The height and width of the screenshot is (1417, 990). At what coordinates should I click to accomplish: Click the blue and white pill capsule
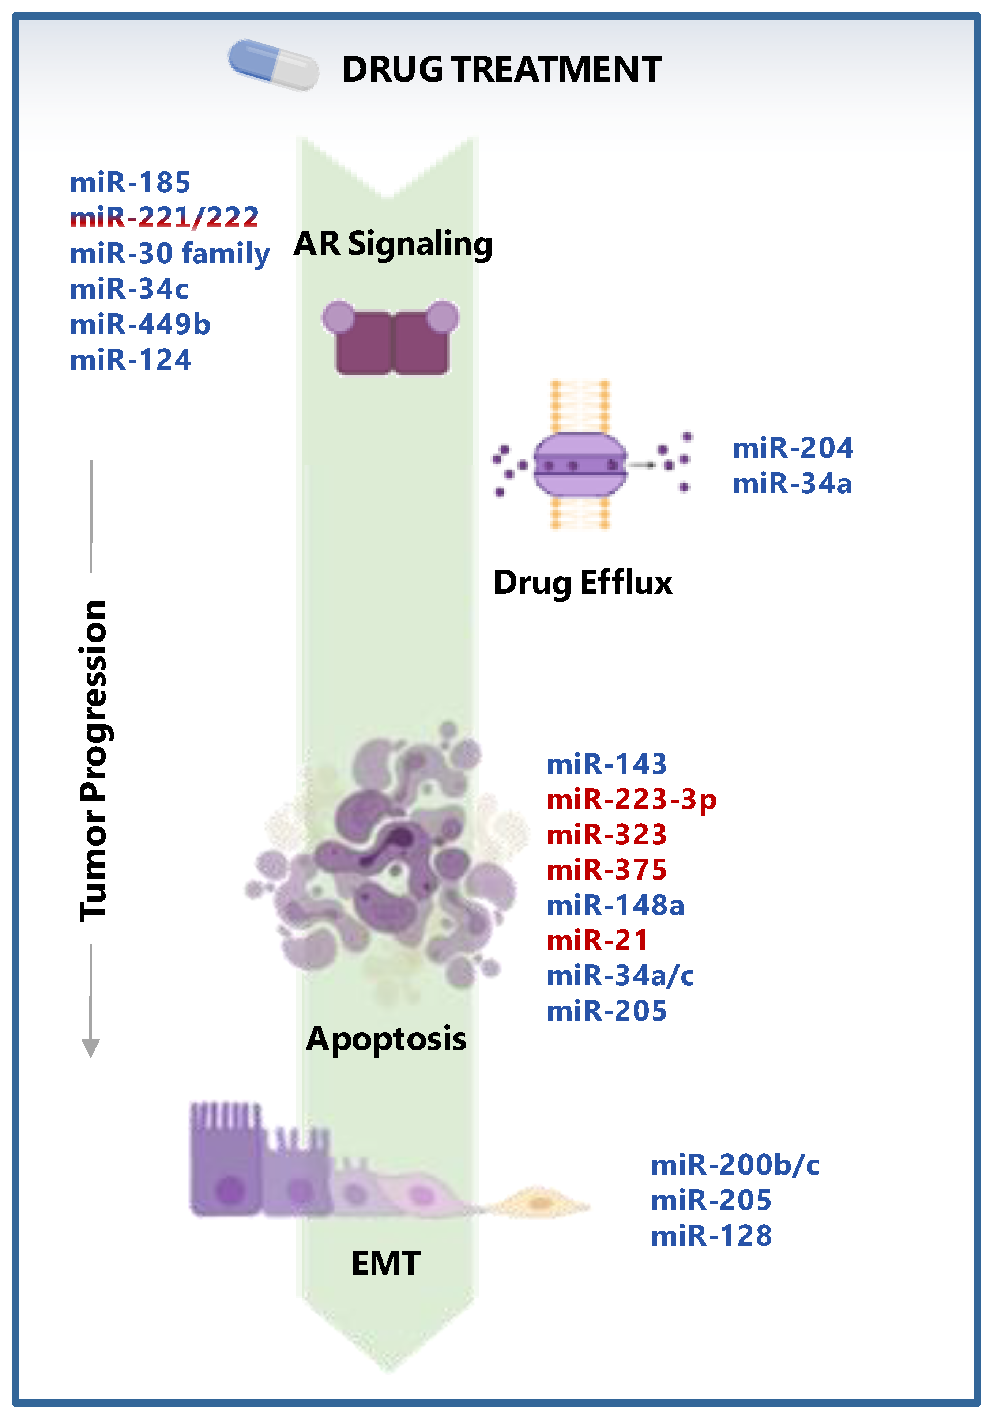tap(274, 65)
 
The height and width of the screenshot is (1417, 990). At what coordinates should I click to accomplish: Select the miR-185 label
tap(130, 183)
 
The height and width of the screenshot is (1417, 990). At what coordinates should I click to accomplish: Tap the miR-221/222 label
tap(164, 217)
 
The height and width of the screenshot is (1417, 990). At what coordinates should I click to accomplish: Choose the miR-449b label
tap(140, 325)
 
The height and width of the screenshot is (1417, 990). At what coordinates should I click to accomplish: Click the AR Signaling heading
tap(393, 244)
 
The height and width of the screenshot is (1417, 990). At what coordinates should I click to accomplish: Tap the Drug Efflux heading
tap(583, 583)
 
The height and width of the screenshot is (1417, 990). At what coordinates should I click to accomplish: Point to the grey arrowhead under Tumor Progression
tap(91, 1047)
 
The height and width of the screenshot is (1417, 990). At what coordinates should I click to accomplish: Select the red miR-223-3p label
tap(631, 800)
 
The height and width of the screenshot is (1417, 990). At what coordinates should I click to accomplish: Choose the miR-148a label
tap(616, 906)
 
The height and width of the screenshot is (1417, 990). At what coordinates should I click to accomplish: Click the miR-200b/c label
tap(735, 1165)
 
